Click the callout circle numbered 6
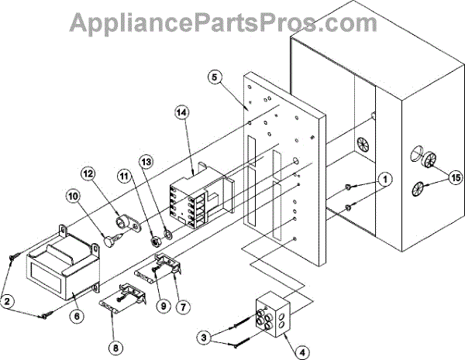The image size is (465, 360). click(x=77, y=316)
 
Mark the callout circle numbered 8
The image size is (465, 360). click(x=115, y=348)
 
